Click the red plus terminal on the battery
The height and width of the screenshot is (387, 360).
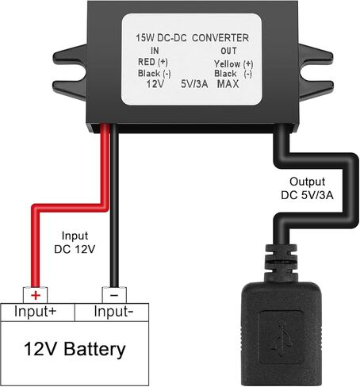click(x=35, y=294)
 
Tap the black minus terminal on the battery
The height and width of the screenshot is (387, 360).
click(x=113, y=294)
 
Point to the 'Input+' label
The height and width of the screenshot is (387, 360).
click(x=36, y=312)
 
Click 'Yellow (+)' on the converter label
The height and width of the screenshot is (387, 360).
click(x=232, y=63)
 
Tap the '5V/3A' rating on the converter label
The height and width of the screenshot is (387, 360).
click(x=195, y=83)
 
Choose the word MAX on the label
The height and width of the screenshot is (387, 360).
click(x=228, y=83)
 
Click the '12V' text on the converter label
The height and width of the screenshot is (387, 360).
click(x=155, y=83)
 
